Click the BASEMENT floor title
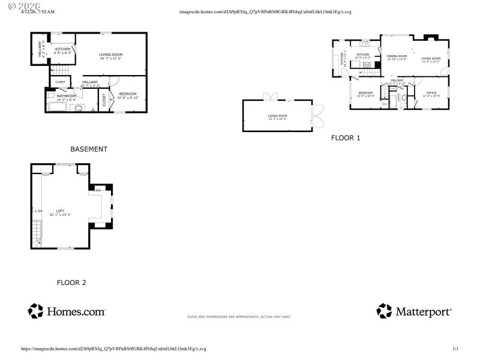89,149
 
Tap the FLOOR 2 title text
71,283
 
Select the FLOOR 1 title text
346,137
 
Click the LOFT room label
60,211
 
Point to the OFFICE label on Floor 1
431,93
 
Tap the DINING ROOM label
397,56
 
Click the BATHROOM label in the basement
67,96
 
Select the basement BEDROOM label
127,94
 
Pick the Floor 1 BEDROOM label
365,93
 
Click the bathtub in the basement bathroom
58,108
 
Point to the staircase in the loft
37,232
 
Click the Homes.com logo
67,311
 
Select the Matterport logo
414,311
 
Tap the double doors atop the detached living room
273,96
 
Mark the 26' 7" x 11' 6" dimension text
111,59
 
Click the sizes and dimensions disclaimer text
239,316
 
